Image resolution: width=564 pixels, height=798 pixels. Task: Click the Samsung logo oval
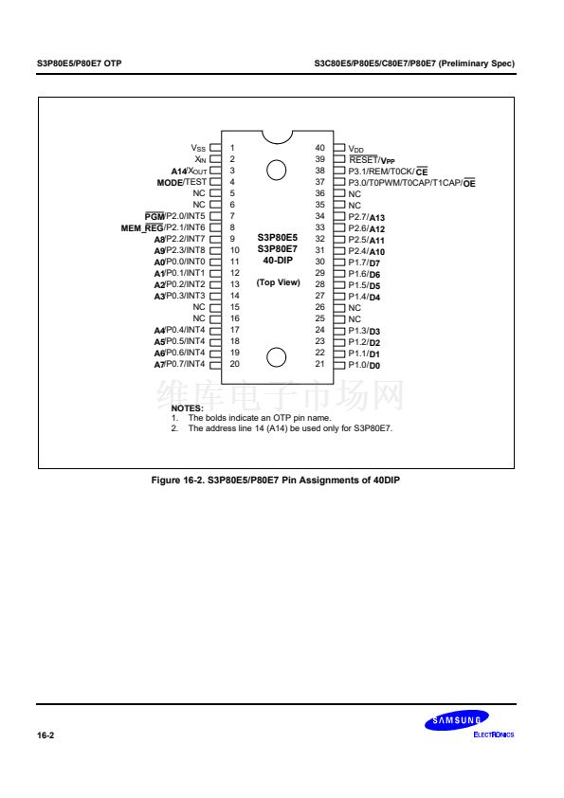pyautogui.click(x=457, y=720)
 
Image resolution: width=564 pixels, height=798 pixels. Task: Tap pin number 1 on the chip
pyautogui.click(x=232, y=148)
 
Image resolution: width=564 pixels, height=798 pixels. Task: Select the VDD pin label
pyautogui.click(x=355, y=149)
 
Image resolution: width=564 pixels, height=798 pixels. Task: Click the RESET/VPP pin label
pyautogui.click(x=372, y=160)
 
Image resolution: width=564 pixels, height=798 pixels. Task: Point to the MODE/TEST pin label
pyautogui.click(x=182, y=182)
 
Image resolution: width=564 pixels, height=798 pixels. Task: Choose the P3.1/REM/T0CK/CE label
pyautogui.click(x=388, y=172)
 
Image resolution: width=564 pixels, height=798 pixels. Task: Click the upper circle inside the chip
pyautogui.click(x=277, y=170)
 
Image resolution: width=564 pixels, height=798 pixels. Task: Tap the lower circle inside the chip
pyautogui.click(x=277, y=356)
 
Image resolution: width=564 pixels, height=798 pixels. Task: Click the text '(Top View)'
pyautogui.click(x=278, y=282)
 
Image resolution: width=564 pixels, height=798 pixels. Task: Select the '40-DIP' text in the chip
pyautogui.click(x=278, y=260)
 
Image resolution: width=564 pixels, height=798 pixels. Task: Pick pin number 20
pyautogui.click(x=235, y=364)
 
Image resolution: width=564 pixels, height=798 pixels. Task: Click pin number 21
pyautogui.click(x=319, y=364)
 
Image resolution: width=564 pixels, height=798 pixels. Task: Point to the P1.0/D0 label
pyautogui.click(x=364, y=365)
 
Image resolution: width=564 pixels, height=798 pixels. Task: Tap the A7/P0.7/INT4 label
pyautogui.click(x=180, y=364)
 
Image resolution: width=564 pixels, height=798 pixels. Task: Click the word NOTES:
pyautogui.click(x=187, y=408)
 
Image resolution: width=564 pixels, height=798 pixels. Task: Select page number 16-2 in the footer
pyautogui.click(x=45, y=735)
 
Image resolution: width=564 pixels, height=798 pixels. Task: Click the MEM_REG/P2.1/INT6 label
pyautogui.click(x=163, y=228)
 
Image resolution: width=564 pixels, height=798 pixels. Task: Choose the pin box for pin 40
pyautogui.click(x=339, y=148)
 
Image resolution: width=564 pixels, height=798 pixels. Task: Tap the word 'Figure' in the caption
pyautogui.click(x=166, y=480)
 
